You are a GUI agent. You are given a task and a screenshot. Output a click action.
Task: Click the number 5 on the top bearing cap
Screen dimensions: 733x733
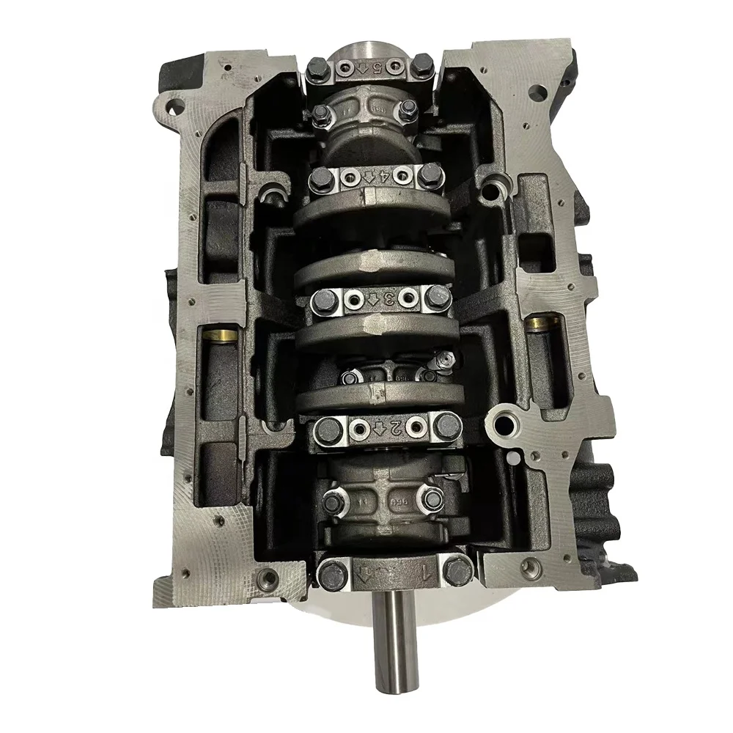377,70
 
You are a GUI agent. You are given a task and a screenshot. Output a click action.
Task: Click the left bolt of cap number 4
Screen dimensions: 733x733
320,177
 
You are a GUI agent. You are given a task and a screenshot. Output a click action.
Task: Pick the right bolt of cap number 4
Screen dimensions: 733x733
430,174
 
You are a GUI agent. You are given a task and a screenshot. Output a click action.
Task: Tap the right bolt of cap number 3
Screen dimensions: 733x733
438,298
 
